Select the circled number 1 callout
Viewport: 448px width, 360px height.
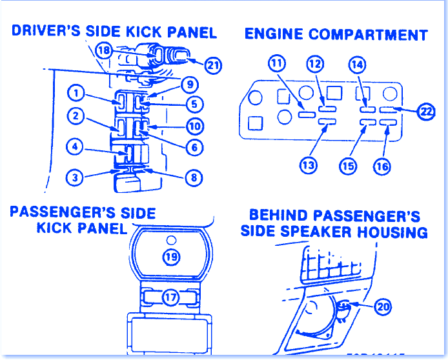(76, 94)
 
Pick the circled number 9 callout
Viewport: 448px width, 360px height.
(189, 84)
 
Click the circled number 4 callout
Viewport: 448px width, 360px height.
(76, 148)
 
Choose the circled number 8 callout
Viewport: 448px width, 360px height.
(194, 175)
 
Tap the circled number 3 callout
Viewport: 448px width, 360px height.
(76, 176)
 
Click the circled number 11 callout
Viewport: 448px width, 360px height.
(276, 64)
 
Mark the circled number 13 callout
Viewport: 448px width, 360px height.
(309, 165)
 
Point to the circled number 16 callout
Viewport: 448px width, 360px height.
(382, 166)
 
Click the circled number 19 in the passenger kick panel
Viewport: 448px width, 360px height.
(171, 257)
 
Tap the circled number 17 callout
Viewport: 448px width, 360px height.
(170, 297)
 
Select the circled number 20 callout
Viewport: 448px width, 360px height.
(383, 307)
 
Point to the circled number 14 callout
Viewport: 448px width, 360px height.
(357, 64)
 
